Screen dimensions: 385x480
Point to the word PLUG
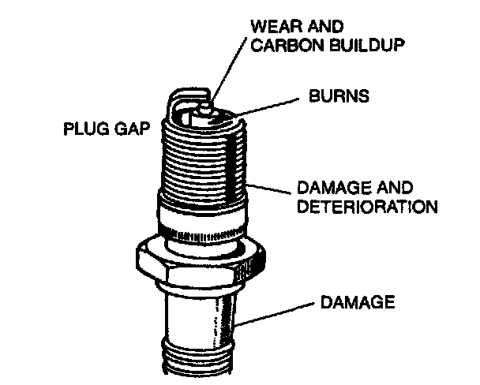[x=84, y=129]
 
